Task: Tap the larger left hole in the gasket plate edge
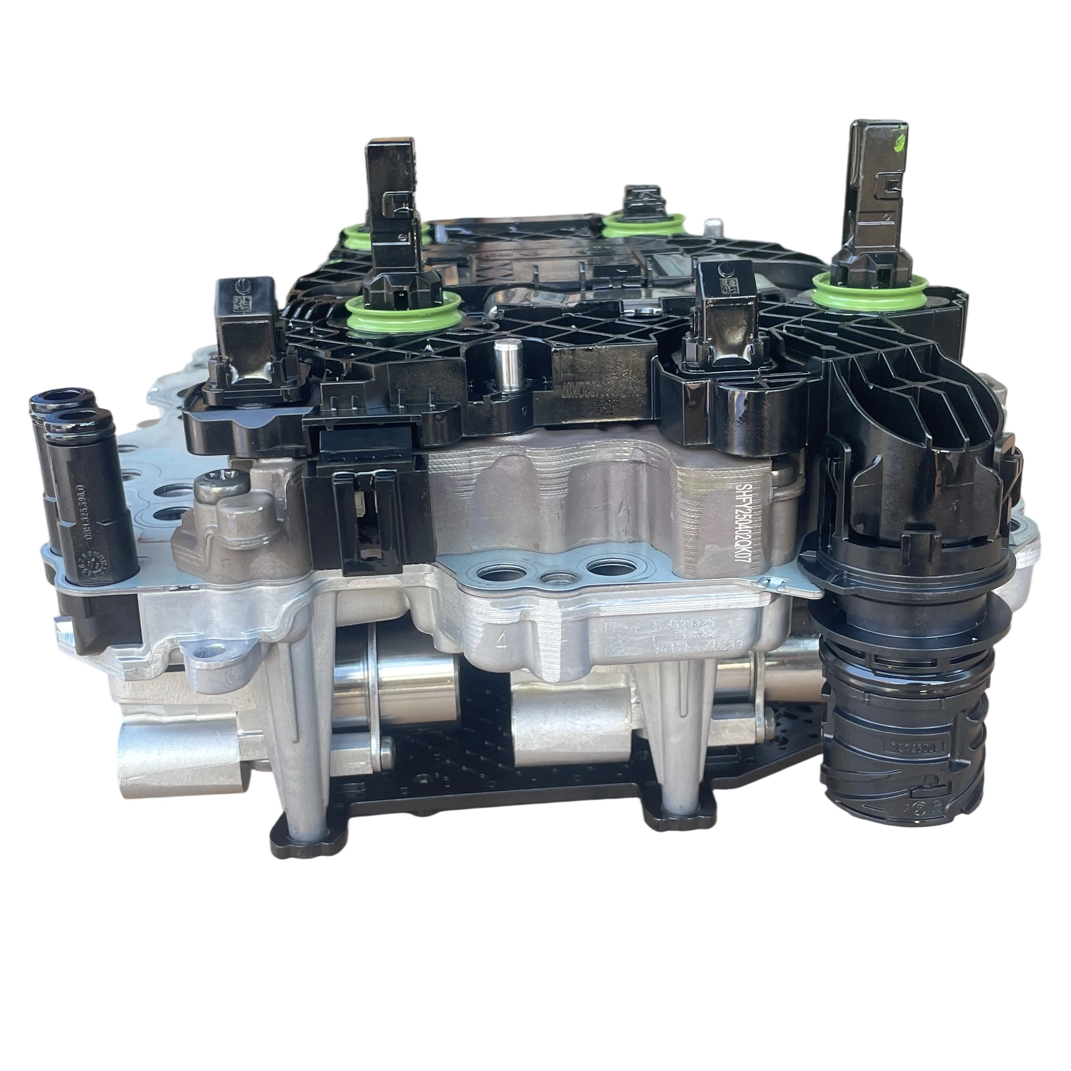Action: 493,575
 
